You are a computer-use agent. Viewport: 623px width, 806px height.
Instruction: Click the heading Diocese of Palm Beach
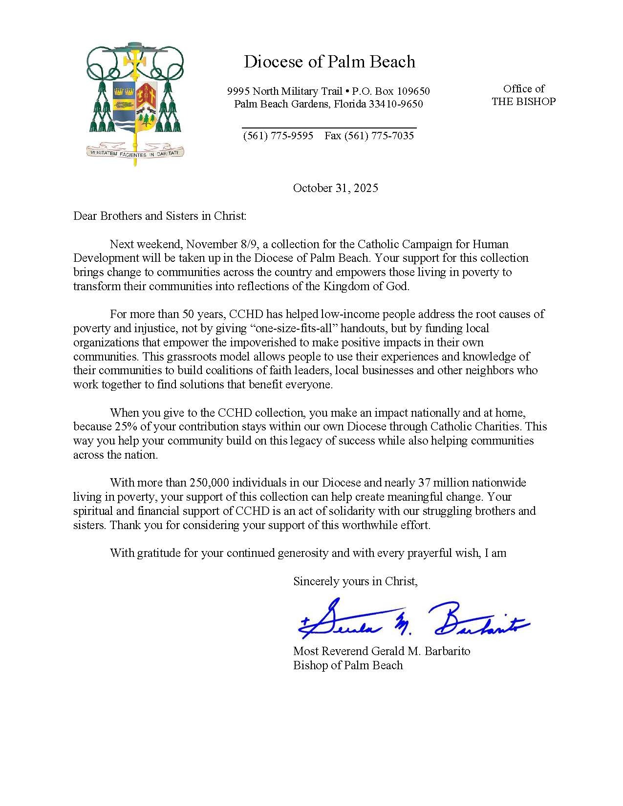pos(329,62)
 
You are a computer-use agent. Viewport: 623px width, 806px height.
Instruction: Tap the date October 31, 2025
pos(335,188)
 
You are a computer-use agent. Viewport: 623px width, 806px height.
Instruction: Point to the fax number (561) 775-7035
pos(379,136)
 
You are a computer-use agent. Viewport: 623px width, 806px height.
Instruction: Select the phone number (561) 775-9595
pos(278,136)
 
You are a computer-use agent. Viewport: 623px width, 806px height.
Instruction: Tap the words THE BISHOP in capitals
pos(523,102)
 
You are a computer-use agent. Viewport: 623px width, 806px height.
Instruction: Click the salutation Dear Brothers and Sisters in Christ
pos(160,216)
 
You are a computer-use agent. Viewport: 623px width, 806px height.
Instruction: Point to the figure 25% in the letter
pos(126,426)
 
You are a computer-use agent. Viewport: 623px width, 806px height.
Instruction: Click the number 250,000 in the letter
pos(209,483)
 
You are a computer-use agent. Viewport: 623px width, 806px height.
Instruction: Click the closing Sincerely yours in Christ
pos(355,581)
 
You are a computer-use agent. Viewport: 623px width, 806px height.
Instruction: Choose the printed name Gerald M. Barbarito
pos(421,651)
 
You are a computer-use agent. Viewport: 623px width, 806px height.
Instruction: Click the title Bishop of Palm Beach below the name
pos(348,665)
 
